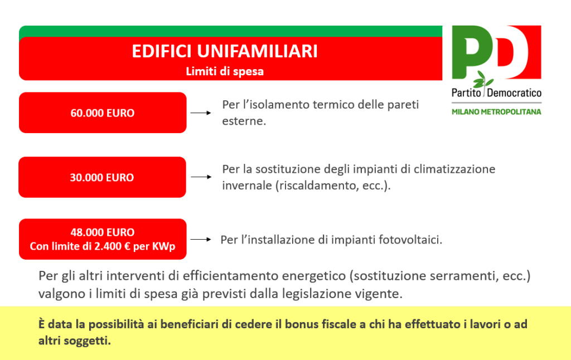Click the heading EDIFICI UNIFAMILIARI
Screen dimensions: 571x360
pyautogui.click(x=225, y=51)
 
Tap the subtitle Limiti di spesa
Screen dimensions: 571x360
pyautogui.click(x=225, y=71)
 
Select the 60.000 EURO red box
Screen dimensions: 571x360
pyautogui.click(x=103, y=113)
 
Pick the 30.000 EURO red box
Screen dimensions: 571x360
pyautogui.click(x=103, y=177)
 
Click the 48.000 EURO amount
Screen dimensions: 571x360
pyautogui.click(x=103, y=232)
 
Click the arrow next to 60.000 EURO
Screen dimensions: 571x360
pyautogui.click(x=201, y=113)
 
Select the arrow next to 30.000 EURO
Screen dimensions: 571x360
pyautogui.click(x=201, y=177)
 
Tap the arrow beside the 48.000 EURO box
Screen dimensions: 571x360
pyautogui.click(x=201, y=239)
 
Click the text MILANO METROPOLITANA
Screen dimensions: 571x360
pyautogui.click(x=496, y=112)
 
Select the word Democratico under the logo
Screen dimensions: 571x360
pyautogui.click(x=514, y=93)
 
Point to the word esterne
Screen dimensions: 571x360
pyautogui.click(x=244, y=121)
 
